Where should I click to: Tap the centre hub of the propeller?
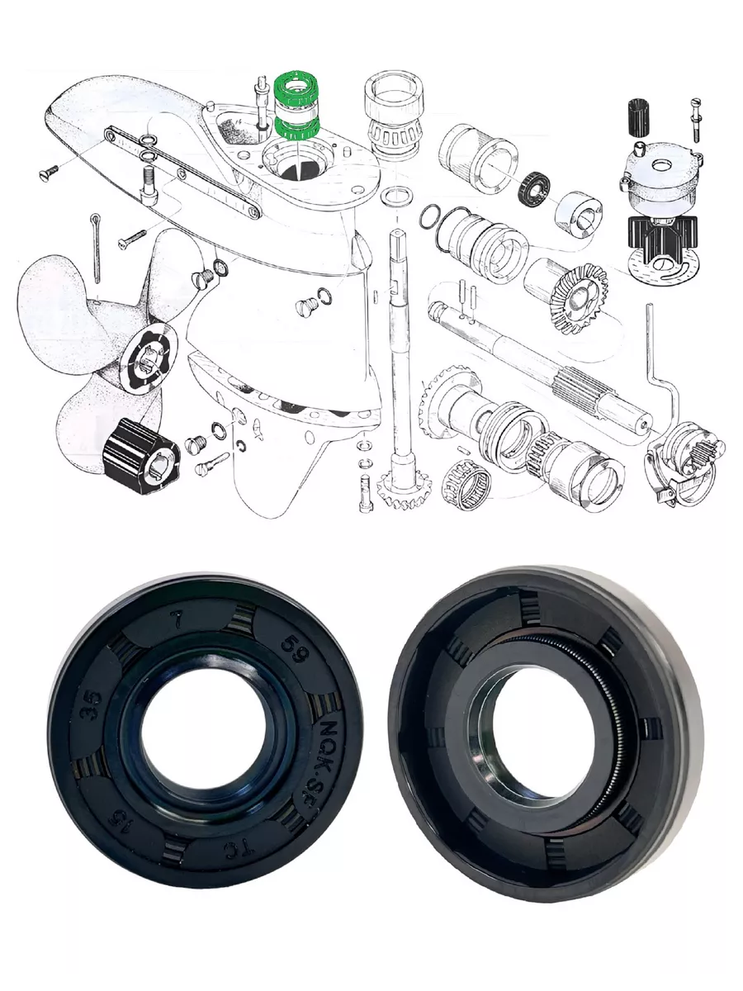click(x=152, y=356)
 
